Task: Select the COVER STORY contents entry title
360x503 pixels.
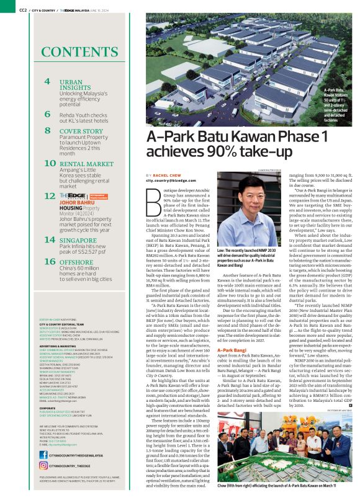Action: (81, 131)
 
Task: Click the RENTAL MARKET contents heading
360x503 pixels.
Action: (85, 164)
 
